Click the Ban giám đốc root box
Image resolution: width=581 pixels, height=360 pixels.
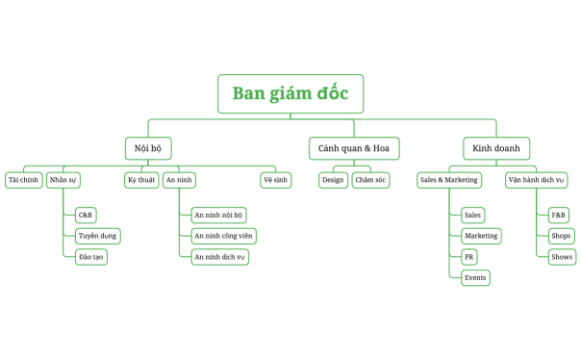tap(290, 93)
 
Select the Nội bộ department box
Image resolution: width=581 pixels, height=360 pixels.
tap(148, 148)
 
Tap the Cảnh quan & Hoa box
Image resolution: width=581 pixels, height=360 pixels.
tap(354, 148)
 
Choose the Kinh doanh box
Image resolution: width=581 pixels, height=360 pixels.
tap(496, 148)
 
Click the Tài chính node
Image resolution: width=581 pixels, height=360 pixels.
tap(23, 180)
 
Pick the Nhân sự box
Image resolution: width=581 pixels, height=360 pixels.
tap(63, 180)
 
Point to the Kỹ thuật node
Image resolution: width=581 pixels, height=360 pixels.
tap(140, 180)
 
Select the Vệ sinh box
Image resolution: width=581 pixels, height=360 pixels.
tap(275, 180)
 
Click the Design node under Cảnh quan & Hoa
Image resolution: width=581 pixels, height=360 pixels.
tap(333, 180)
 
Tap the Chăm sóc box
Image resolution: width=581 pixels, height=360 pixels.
tap(370, 180)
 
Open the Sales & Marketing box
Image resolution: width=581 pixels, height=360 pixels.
tap(448, 180)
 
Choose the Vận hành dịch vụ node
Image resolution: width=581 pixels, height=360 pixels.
tap(536, 180)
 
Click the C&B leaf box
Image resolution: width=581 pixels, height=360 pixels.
tap(86, 215)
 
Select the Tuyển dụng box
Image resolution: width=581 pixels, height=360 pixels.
tap(97, 236)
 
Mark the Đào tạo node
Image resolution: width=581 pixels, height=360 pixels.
tap(91, 257)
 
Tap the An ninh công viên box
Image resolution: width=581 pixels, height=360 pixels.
tap(223, 236)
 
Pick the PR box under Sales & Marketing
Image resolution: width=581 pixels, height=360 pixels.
tap(468, 257)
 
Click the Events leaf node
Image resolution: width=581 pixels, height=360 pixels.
tap(475, 278)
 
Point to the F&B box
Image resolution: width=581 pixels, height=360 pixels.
tap(558, 215)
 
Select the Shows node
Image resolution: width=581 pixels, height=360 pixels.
tap(562, 257)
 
